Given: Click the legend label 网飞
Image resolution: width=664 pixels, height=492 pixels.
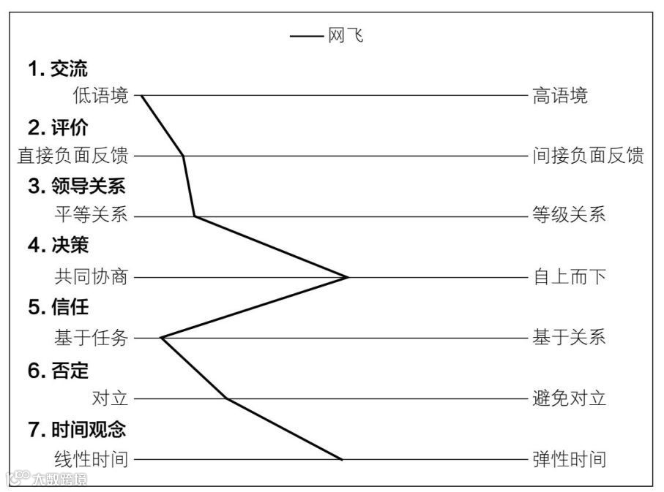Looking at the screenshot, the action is pos(346,36).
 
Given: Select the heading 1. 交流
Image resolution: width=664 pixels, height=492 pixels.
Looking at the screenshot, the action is pos(58,69).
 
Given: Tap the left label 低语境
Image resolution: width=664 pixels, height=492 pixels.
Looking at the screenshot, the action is pos(100,96).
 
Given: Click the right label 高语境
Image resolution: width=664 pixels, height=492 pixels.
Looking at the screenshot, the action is pos(559,96).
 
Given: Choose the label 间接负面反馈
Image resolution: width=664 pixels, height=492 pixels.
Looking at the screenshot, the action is pos(587,156).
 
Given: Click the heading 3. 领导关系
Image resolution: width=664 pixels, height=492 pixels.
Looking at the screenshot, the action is pos(77,187).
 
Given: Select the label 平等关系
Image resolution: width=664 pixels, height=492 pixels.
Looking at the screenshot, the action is pos(91,216).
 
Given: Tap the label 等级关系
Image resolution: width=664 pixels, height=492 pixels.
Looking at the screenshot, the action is pos(569,216).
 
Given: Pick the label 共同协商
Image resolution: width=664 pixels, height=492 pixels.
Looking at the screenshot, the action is pos(91,277).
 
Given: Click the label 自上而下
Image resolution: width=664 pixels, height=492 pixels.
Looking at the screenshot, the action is pos(569,277).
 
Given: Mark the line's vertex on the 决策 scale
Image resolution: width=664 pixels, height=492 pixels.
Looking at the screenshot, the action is pos(348,277).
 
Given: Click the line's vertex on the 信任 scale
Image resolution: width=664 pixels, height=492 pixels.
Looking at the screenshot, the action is pos(160,338).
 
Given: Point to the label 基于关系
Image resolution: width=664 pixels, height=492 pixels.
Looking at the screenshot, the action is pos(569,338).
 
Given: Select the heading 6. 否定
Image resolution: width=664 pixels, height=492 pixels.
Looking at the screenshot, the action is pos(58,371).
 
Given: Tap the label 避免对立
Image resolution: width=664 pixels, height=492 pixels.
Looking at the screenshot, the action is pos(569,398).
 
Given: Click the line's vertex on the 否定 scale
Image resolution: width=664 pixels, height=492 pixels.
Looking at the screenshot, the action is pos(227,398).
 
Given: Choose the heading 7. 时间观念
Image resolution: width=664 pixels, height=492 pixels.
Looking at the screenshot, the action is pos(77,429).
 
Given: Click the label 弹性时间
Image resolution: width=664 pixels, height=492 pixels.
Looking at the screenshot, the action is pos(569,459).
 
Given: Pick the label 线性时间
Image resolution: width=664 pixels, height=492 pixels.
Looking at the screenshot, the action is pos(91,459).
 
